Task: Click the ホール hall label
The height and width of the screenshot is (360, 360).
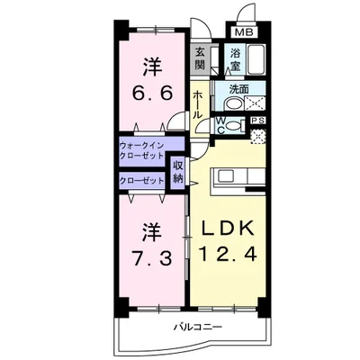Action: point(197,108)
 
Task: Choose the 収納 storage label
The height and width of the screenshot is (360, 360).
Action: point(178,171)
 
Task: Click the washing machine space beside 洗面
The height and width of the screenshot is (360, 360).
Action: point(257,102)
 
